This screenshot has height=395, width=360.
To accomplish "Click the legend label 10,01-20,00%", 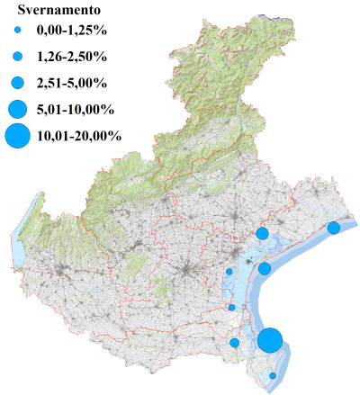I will point(77,137).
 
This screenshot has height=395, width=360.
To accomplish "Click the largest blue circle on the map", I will point(270,341).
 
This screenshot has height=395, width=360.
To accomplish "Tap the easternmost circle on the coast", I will point(334,228).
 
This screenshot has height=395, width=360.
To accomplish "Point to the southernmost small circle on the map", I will point(273,375).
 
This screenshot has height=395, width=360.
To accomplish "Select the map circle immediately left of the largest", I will point(235,342).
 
